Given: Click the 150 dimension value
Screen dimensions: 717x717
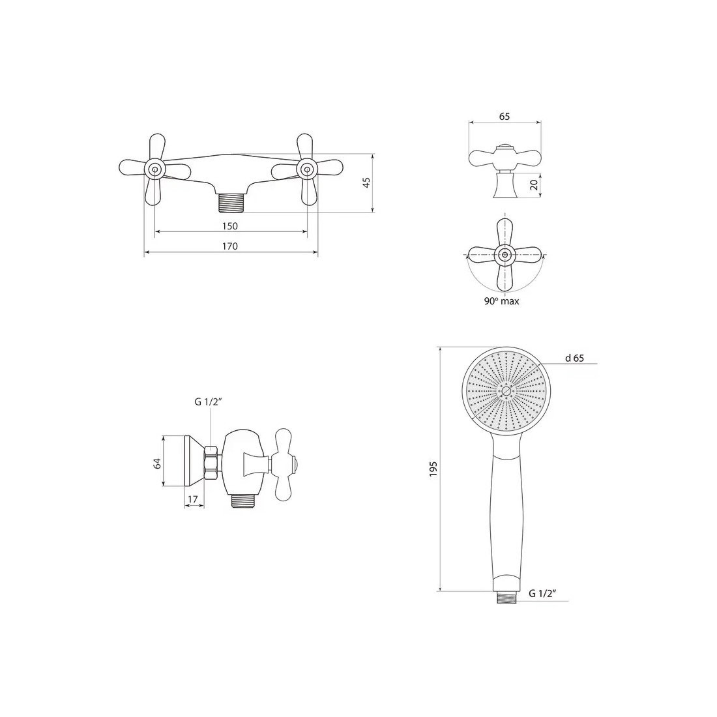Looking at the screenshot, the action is pyautogui.click(x=230, y=226).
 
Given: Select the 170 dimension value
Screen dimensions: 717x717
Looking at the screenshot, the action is pyautogui.click(x=230, y=246).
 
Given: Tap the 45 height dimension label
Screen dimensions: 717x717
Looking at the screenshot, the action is pyautogui.click(x=366, y=183).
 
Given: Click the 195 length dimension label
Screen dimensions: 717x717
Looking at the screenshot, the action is pyautogui.click(x=433, y=469).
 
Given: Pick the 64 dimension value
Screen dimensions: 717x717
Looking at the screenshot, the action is pyautogui.click(x=157, y=463).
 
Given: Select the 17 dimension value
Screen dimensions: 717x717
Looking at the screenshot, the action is pyautogui.click(x=193, y=499).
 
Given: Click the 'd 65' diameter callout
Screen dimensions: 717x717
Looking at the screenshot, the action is pyautogui.click(x=575, y=358).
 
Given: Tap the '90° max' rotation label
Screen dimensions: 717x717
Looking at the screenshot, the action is pyautogui.click(x=502, y=301).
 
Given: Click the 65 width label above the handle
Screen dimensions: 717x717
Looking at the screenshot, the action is pyautogui.click(x=504, y=117).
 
